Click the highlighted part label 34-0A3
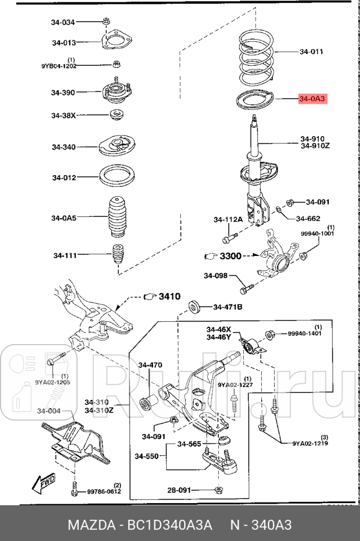click(x=312, y=99)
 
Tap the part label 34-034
click(x=63, y=22)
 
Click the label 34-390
click(x=63, y=93)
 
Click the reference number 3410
click(x=169, y=296)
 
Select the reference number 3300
click(x=230, y=257)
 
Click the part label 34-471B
click(x=228, y=307)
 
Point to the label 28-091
click(x=179, y=490)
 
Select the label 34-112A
click(x=228, y=220)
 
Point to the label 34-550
click(x=146, y=457)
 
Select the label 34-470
click(x=151, y=365)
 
